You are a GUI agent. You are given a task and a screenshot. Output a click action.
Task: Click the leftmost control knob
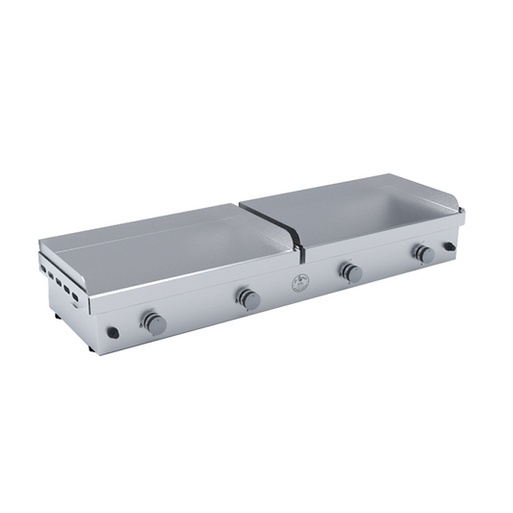click(x=153, y=322)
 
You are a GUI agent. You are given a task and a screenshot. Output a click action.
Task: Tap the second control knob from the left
click(x=249, y=299)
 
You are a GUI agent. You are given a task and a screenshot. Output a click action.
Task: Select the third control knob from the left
click(x=351, y=273)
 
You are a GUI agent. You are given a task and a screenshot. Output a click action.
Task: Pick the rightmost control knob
click(x=423, y=253)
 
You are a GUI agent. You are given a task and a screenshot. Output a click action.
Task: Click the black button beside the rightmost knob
click(x=449, y=247)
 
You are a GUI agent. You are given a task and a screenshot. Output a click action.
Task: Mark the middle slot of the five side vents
click(x=59, y=281)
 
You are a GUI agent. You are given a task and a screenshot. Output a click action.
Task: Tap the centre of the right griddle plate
click(x=356, y=212)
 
